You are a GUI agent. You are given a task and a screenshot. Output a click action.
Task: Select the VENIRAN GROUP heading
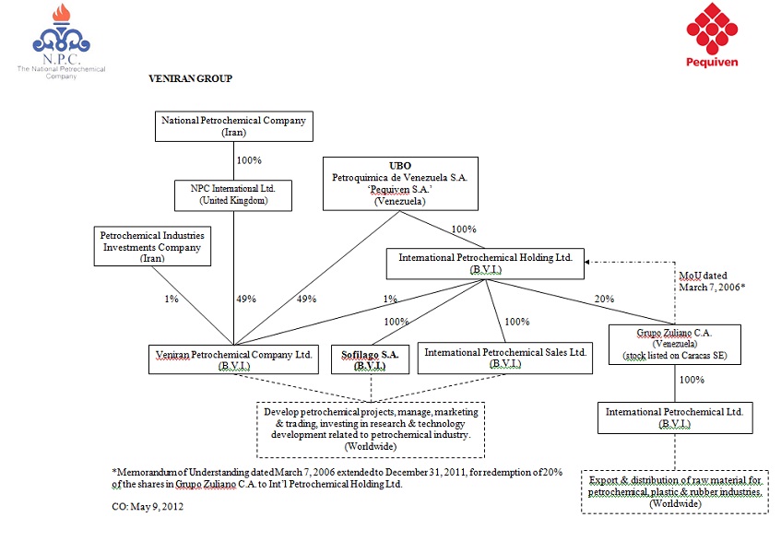(x=190, y=79)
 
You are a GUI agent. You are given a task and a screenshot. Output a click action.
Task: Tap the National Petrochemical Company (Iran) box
(x=233, y=126)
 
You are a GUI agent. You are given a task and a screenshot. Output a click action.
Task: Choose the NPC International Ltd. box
(x=233, y=194)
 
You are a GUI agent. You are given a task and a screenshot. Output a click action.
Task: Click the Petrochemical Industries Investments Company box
(x=152, y=247)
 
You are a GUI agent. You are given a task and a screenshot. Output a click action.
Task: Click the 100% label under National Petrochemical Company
(x=250, y=160)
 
